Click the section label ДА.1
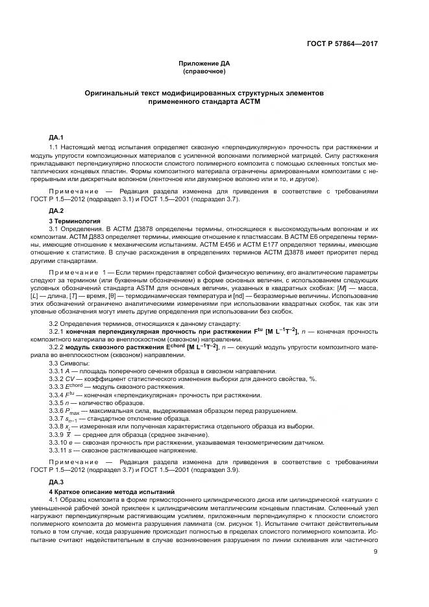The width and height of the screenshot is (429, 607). pos(56,138)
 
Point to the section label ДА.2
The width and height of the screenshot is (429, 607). pos(56,212)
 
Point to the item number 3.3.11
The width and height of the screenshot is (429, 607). pos(60,451)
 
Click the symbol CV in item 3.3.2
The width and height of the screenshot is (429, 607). pos(73,378)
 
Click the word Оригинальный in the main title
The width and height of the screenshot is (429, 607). pos(113,93)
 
